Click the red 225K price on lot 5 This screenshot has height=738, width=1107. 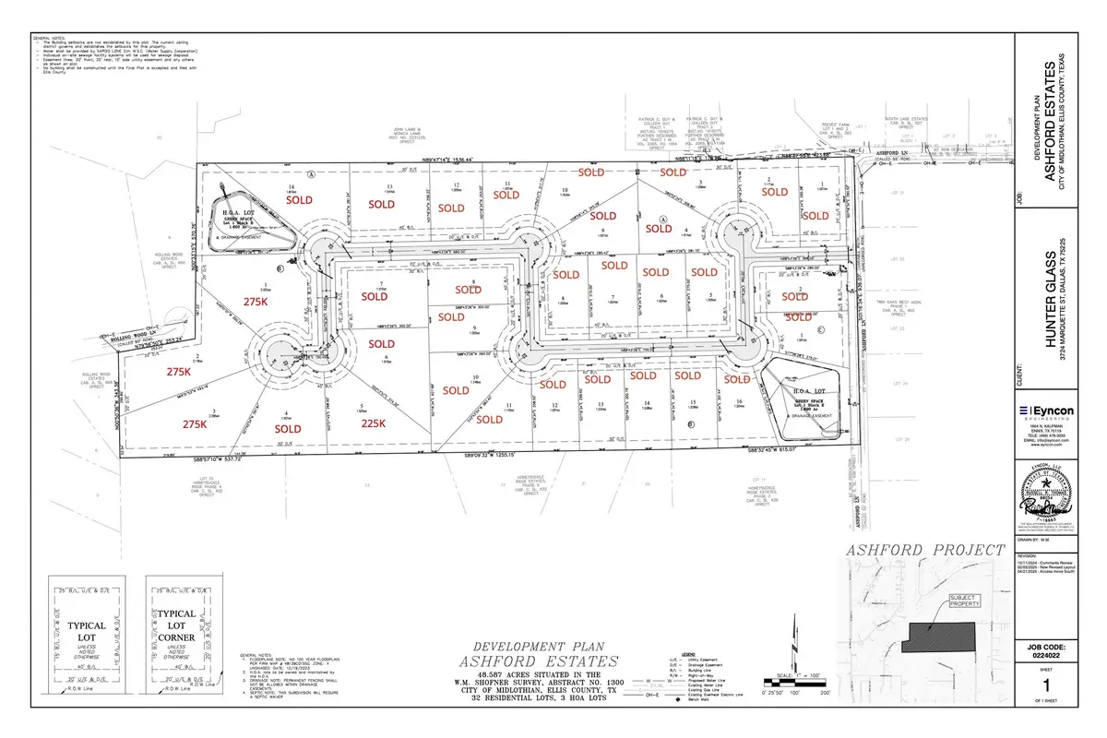373,424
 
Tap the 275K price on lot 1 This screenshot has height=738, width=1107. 256,302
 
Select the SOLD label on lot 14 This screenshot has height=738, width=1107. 300,199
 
